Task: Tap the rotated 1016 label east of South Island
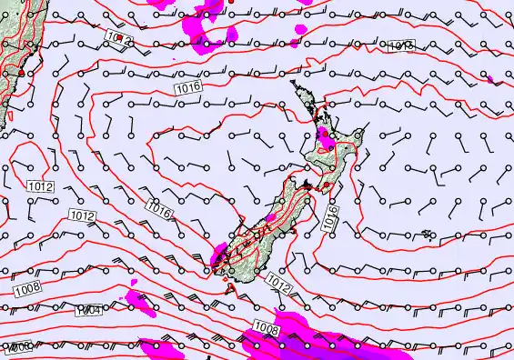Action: (x=331, y=216)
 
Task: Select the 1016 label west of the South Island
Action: (x=158, y=210)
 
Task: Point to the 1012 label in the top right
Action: (x=400, y=45)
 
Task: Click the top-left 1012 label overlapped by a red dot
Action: (x=118, y=37)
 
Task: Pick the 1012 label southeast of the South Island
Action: (x=279, y=285)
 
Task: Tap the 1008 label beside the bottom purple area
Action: (x=266, y=328)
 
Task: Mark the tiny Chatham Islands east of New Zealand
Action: (x=427, y=235)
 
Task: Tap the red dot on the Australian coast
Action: (x=21, y=70)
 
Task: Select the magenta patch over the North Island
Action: (x=325, y=139)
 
